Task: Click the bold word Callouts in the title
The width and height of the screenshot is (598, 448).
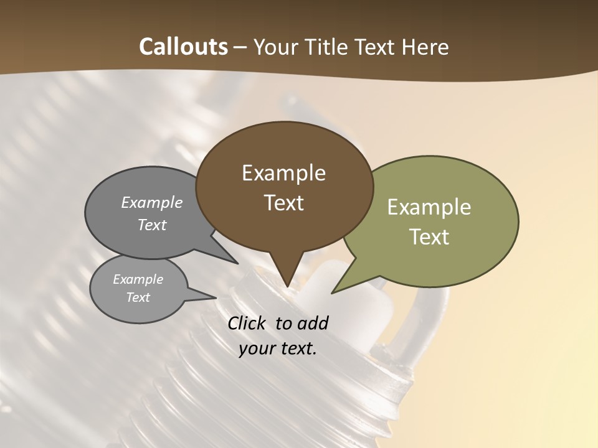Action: coord(183,47)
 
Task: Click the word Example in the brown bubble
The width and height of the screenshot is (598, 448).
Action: coord(283,173)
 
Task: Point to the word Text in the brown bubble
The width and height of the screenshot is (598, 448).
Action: coord(283,203)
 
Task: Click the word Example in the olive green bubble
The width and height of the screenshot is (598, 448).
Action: coord(429,207)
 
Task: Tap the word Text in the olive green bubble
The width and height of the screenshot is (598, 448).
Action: coord(429,237)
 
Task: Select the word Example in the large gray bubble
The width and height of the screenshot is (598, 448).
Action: coord(152,202)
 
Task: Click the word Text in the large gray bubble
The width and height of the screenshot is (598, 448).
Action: coord(152,225)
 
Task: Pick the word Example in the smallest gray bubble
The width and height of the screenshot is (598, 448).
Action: coord(138,279)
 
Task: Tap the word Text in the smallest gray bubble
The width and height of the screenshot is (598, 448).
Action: coord(138,297)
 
